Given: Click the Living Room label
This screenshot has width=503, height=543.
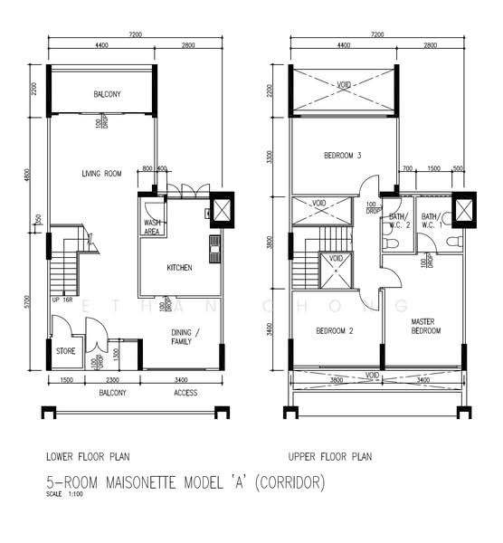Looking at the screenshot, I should click(x=101, y=174).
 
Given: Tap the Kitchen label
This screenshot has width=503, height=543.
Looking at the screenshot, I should click(x=180, y=268).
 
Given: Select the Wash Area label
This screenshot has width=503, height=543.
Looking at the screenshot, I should click(x=153, y=226).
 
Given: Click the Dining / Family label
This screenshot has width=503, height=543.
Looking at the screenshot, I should click(x=187, y=337).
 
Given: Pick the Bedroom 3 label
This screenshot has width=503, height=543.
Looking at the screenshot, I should click(x=342, y=157).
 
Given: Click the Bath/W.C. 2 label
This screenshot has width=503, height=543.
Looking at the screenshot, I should click(x=399, y=221).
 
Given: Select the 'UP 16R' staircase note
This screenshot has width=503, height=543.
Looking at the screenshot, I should click(x=62, y=300).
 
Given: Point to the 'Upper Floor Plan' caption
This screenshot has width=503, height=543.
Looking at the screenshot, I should click(x=329, y=457).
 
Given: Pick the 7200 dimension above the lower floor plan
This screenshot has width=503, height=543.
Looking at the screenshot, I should click(x=136, y=34).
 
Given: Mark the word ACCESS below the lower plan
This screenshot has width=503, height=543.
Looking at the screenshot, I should click(x=185, y=394).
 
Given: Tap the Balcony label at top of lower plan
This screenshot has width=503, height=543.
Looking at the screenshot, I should click(x=107, y=94).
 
